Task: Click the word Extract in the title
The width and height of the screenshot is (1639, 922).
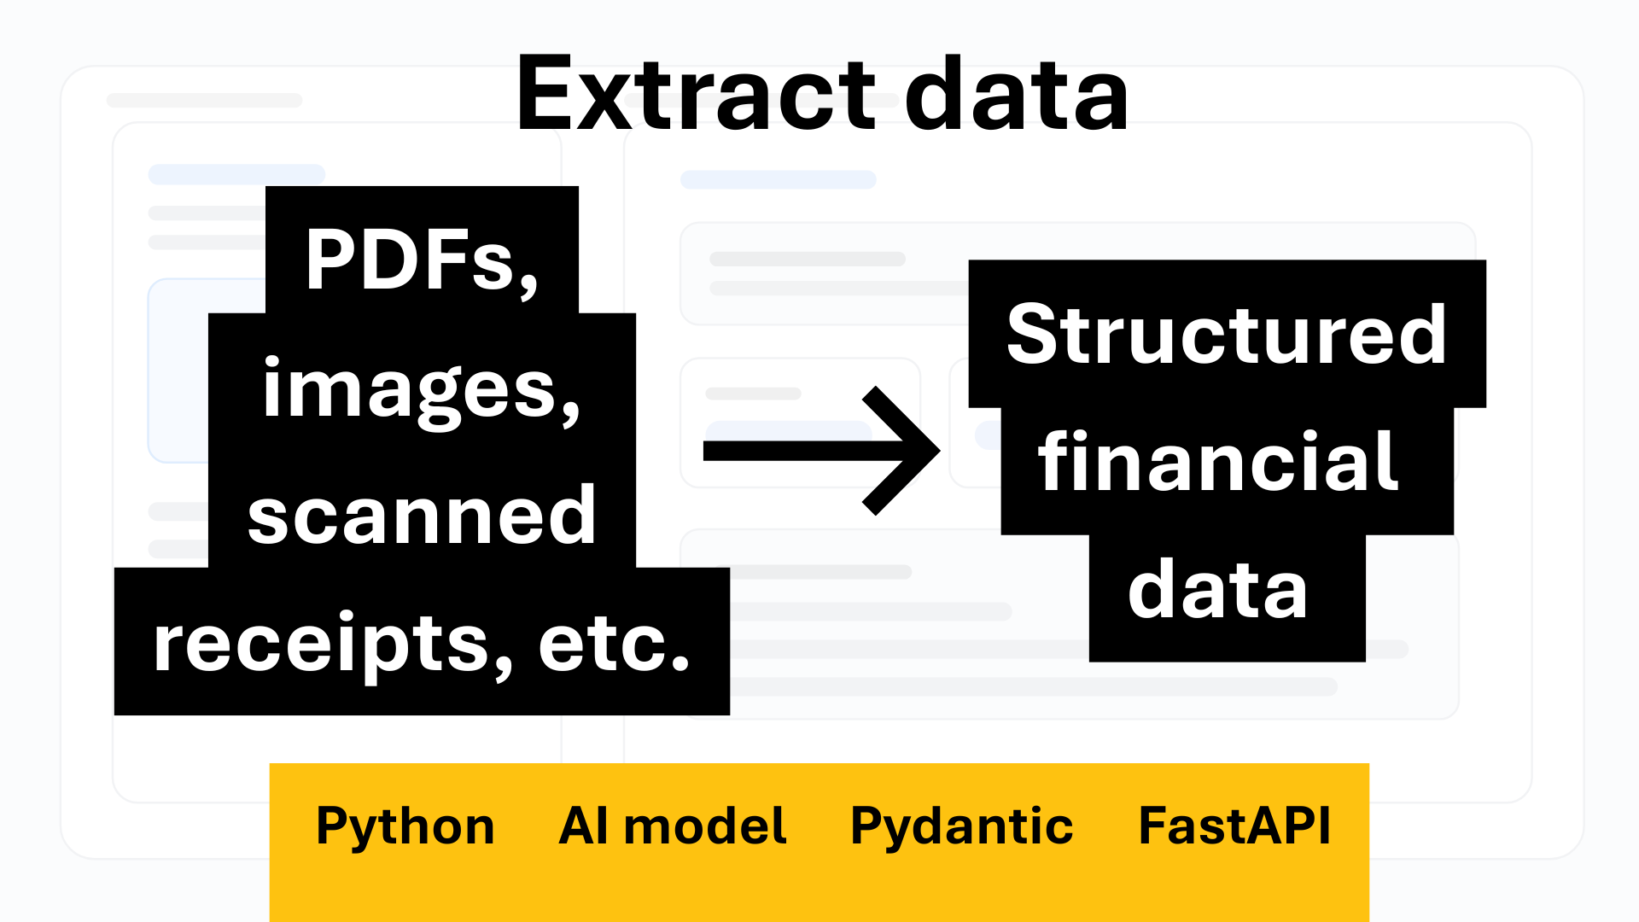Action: coord(697,93)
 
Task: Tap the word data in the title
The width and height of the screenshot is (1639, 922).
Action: coord(1017,93)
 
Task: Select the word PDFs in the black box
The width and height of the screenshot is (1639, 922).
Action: coord(411,260)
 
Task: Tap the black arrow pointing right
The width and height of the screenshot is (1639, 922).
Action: coord(821,451)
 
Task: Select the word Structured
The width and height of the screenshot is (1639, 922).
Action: coord(1227,334)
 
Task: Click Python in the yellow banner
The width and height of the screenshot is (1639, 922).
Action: coord(405,826)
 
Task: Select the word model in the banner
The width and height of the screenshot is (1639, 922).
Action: coord(705,826)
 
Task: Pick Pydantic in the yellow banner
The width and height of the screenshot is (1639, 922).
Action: coord(962,826)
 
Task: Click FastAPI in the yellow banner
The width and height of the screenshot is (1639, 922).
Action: coord(1234,826)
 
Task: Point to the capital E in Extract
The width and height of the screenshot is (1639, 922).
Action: coord(544,93)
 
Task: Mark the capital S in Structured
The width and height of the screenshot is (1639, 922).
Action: coord(1033,334)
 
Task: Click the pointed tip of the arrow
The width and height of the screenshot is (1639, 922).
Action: coord(939,451)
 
